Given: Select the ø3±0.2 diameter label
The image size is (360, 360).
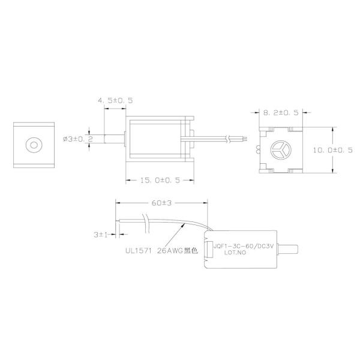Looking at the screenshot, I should coord(77,139).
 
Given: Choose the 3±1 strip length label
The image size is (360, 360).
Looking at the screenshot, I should coord(100,233).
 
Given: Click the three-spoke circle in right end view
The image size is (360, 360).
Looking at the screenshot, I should coord(281,148).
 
